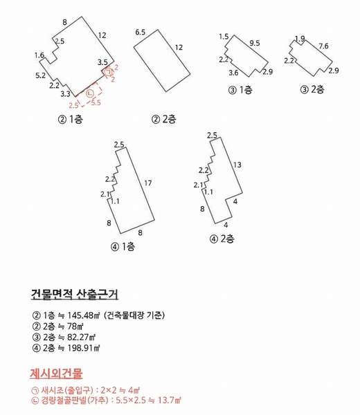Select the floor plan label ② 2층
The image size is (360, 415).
tap(165, 119)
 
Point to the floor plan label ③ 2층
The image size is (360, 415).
tap(313, 89)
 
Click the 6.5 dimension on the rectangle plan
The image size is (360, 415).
tap(141, 33)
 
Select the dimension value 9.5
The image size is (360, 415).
tap(254, 44)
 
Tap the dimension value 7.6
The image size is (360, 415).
tap(323, 46)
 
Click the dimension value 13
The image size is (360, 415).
tap(237, 165)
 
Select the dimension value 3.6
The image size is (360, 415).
tap(233, 73)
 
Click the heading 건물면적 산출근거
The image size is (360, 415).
tap(75, 293)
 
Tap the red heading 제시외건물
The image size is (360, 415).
tap(56, 374)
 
